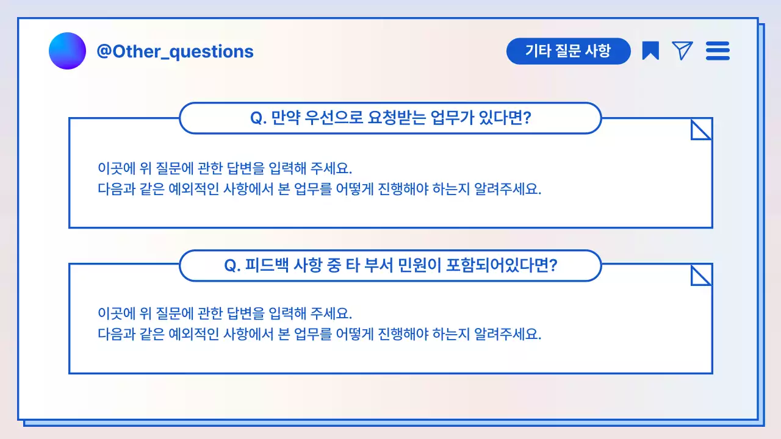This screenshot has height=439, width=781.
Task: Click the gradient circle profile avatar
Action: coord(67,51)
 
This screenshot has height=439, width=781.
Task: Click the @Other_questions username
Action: coord(175,51)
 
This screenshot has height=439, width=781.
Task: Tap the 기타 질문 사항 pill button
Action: coord(568,51)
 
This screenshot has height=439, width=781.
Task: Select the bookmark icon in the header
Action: coord(650,51)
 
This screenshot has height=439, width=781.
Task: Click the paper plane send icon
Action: coord(682,51)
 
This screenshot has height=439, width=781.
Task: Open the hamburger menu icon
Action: coord(718,51)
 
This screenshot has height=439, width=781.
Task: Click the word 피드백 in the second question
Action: coord(267,266)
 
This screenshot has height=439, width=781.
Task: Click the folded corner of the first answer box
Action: coord(701,129)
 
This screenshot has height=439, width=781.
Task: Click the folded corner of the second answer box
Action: coord(701,276)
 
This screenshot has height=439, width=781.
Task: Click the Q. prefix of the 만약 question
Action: coord(259,118)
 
